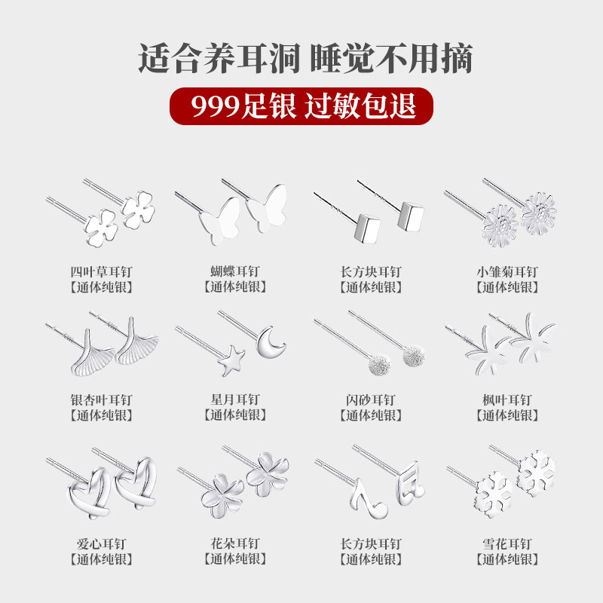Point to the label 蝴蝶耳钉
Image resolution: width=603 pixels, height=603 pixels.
click(234, 272)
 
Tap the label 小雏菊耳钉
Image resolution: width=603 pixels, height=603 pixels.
click(507, 272)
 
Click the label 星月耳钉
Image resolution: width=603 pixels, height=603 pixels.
click(234, 400)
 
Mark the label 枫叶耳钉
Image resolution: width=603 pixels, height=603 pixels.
click(507, 400)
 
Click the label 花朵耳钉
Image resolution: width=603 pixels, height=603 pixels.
click(234, 543)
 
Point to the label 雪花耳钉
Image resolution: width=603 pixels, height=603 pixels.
click(507, 543)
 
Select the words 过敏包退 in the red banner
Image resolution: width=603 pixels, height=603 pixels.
click(360, 105)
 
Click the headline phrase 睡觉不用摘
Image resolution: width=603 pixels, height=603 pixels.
click(390, 59)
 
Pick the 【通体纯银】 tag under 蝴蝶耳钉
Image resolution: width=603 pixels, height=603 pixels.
click(234, 287)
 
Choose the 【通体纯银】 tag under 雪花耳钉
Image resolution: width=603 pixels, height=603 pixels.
click(507, 559)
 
